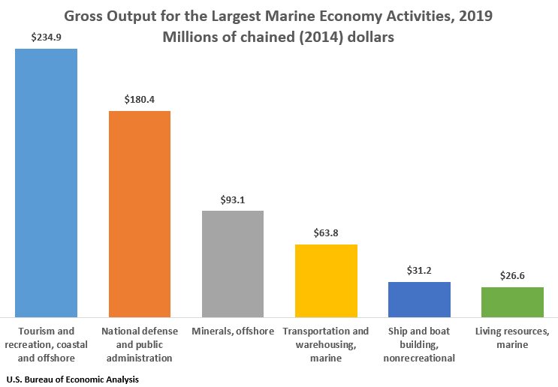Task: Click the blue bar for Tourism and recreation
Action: pos(47,183)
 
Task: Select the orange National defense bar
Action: pos(140,214)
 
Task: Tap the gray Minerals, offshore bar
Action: pos(233,264)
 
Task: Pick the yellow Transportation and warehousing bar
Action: pos(326,280)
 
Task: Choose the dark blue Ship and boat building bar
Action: pos(419,299)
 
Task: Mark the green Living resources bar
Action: pos(512,301)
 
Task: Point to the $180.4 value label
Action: pos(140,99)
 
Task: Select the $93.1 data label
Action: pos(233,199)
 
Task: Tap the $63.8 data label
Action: pos(326,233)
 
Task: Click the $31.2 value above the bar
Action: pos(419,270)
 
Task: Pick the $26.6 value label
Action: pos(512,275)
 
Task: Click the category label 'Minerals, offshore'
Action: pos(233,331)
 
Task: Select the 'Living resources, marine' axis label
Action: pos(512,337)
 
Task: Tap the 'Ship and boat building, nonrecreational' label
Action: pos(419,344)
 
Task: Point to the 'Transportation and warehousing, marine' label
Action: pos(326,344)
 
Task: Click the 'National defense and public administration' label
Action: pos(140,344)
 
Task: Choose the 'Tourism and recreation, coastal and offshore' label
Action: pos(47,344)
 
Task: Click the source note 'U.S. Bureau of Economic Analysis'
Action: pos(72,379)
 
